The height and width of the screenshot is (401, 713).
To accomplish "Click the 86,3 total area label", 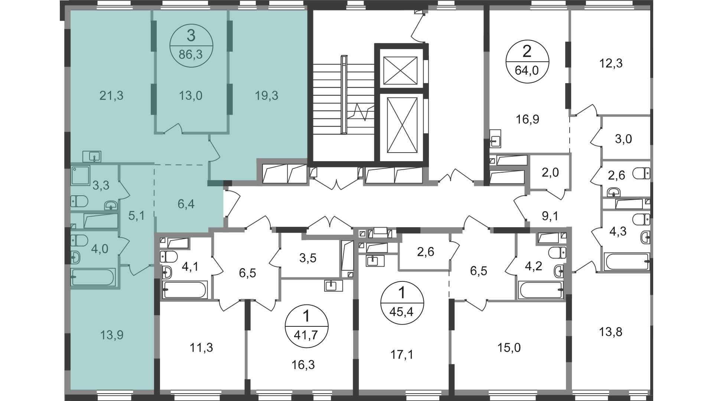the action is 191,55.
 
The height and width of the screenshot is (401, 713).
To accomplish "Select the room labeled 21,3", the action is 111,96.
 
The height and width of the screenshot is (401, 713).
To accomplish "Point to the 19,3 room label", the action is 267,96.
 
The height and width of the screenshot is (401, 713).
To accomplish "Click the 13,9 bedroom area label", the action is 111,335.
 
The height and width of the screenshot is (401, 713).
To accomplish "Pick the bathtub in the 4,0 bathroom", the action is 94,277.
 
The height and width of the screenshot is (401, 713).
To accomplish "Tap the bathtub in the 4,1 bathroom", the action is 185,290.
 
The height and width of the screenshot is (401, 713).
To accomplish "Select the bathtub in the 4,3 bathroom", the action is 627,262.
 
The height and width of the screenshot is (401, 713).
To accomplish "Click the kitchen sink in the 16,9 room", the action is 495,138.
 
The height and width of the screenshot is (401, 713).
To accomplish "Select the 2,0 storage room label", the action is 550,172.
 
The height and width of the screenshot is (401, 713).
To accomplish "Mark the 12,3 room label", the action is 611,63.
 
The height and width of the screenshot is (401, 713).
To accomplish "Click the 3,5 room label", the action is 307,258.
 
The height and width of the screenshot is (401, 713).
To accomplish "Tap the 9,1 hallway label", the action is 550,216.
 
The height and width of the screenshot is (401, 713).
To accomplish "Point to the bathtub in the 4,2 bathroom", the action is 541,290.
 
